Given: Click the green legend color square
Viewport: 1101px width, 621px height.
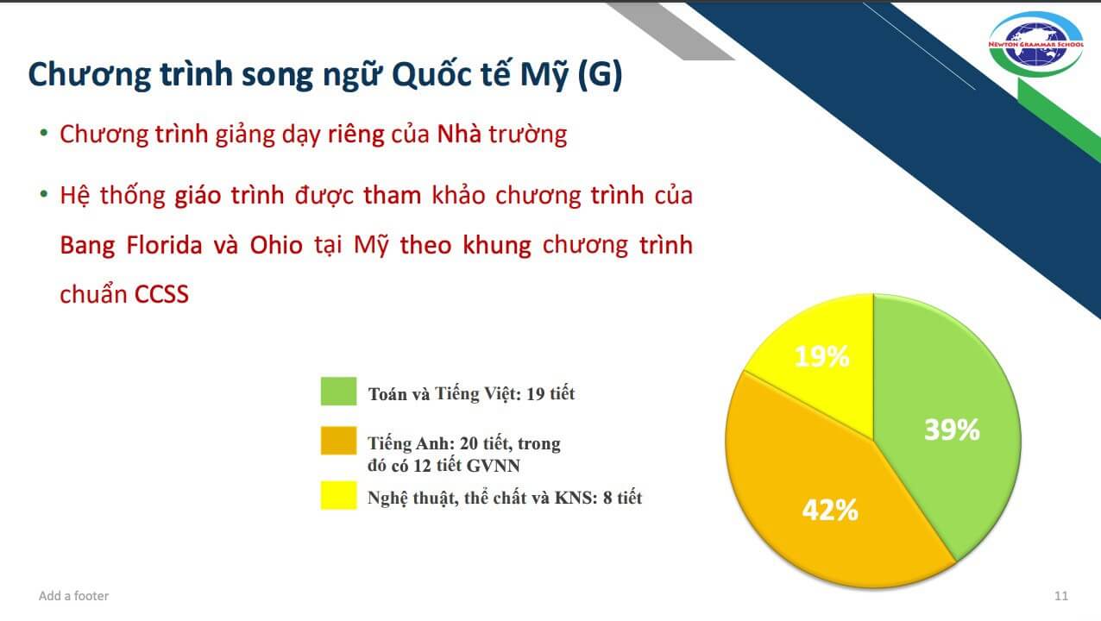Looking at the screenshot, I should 338,392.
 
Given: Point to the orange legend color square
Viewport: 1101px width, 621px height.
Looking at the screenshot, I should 338,442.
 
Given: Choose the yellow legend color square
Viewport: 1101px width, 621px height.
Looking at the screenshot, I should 338,496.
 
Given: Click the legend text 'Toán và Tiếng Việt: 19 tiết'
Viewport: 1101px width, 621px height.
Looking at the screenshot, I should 471,394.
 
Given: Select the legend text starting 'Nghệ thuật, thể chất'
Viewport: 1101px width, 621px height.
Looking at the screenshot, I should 505,498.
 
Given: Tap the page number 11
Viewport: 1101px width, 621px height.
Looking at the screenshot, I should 1061,596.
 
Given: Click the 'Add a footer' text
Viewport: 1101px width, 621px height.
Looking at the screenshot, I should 73,596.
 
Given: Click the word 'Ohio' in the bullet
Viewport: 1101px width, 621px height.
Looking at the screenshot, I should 276,245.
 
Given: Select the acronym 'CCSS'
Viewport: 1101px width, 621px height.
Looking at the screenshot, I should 161,294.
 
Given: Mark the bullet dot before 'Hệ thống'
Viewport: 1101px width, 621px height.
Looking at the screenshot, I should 43,194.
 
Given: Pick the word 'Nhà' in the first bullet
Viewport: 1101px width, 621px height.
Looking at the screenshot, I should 459,135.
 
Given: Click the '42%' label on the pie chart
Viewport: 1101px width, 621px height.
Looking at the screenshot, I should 830,511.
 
